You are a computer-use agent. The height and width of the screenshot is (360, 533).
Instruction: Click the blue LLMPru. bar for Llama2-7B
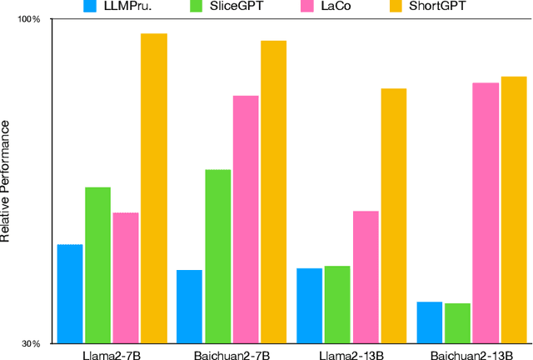tap(70, 293)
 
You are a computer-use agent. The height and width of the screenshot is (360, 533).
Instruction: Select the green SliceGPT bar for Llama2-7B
tap(97, 265)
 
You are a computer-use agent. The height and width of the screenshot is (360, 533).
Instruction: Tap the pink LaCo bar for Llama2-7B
tap(126, 277)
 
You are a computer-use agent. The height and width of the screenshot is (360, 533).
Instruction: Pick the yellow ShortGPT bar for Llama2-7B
tap(153, 188)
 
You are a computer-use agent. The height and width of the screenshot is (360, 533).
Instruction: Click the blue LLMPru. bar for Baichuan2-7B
tap(189, 306)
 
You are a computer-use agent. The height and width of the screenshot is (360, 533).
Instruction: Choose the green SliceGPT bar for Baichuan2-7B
tap(217, 256)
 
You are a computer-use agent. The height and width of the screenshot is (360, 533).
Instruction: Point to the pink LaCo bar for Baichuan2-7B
tap(246, 219)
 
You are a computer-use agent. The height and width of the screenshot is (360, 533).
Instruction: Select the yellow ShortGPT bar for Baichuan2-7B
tap(273, 192)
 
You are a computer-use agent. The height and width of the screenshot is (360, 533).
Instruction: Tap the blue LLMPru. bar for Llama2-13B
tap(309, 305)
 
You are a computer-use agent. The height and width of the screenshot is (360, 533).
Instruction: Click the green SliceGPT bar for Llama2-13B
tap(337, 304)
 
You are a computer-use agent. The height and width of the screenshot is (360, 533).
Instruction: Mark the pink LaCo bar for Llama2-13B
tap(365, 277)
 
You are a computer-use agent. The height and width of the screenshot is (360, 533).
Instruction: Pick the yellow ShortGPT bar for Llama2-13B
tap(393, 215)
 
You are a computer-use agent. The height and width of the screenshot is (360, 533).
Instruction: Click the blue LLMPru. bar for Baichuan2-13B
tap(429, 322)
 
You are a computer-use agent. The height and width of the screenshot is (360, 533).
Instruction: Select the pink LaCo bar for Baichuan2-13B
tap(486, 212)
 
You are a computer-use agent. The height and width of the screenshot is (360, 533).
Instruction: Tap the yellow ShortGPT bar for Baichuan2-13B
tap(514, 209)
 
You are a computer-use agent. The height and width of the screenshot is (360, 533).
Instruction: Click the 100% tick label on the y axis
tap(30, 18)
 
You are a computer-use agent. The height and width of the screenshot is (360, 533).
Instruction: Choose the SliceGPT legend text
tap(237, 6)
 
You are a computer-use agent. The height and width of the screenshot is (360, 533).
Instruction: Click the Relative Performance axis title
tap(6, 180)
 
